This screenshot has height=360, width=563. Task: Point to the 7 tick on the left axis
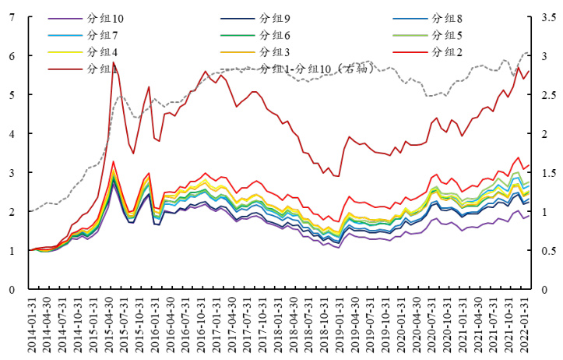tap(10, 17)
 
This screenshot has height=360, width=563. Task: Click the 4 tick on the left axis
tap(10, 133)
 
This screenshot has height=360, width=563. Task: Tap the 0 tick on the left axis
tap(10, 289)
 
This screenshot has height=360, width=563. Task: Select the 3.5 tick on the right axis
tap(550, 17)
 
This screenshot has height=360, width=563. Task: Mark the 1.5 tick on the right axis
tap(550, 172)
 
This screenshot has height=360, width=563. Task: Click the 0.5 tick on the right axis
tap(550, 250)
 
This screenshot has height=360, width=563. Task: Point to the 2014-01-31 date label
tap(32, 324)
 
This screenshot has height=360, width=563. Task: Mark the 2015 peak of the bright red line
tap(113, 162)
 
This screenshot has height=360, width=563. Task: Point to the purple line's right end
tap(530, 215)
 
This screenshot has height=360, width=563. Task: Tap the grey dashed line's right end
tap(530, 52)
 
